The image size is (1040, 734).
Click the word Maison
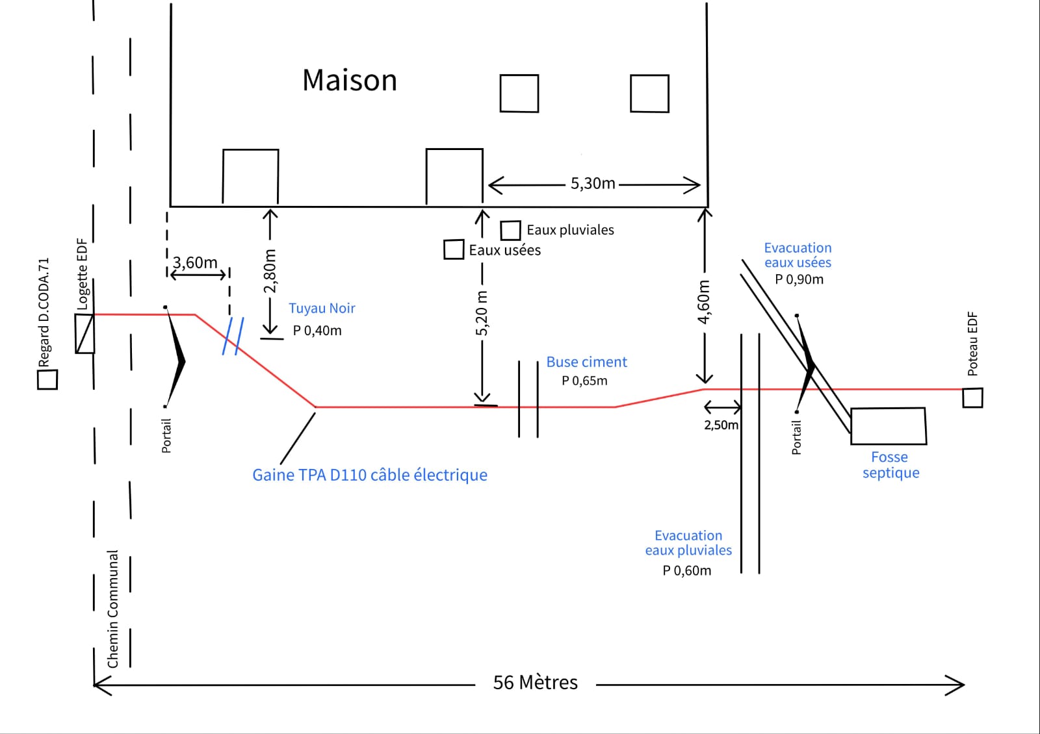coord(350,81)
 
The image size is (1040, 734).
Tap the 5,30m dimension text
coord(592,184)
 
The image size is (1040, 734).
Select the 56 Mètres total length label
coord(535,683)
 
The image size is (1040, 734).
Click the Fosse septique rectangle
coord(888,426)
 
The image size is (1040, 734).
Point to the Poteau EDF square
coord(972,398)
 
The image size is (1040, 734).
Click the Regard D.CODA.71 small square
coord(47,379)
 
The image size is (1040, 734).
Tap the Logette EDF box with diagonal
coord(84,334)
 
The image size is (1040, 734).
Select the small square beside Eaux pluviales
coord(510,231)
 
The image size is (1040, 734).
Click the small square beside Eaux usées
coord(454,249)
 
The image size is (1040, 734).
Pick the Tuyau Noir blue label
coord(322,309)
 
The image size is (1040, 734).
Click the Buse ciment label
coord(586,362)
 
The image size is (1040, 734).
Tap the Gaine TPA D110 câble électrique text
coord(370,475)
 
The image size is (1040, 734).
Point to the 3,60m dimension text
coord(195,263)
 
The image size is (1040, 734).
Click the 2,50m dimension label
coord(721,425)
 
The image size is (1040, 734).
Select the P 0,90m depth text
coord(799,279)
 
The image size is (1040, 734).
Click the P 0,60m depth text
coord(686,571)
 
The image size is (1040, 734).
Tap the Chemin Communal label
coord(113,609)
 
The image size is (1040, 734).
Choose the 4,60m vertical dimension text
coord(704,302)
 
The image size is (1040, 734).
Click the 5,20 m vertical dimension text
coord(482,313)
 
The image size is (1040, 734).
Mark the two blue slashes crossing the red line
coord(233,336)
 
